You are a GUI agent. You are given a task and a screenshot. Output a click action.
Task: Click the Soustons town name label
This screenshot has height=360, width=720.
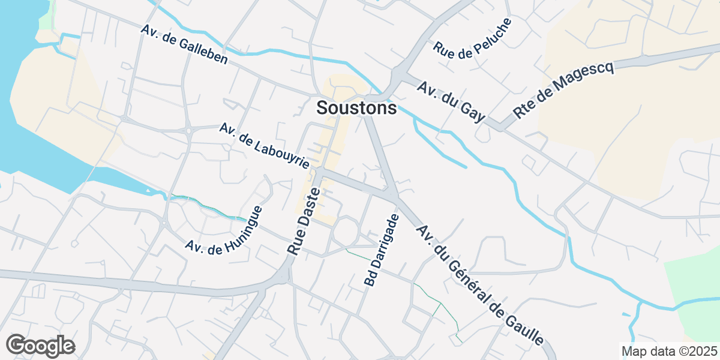356,108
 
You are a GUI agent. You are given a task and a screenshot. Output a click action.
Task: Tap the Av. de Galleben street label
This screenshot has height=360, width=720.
184,44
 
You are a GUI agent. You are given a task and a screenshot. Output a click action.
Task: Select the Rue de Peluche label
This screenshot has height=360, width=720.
473,38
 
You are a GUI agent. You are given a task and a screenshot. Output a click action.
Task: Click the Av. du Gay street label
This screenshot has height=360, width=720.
451,102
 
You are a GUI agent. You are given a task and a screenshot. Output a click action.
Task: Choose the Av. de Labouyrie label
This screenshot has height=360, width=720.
265,146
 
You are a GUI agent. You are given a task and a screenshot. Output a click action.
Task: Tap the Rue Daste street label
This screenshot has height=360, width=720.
306,220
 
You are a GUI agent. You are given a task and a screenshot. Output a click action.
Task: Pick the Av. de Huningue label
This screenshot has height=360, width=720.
224,230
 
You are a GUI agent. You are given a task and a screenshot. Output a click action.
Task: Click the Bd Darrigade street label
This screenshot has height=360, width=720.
381,249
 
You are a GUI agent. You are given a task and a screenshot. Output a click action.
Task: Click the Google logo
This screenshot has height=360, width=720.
40,346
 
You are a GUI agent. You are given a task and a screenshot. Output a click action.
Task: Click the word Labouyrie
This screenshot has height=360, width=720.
281,154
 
